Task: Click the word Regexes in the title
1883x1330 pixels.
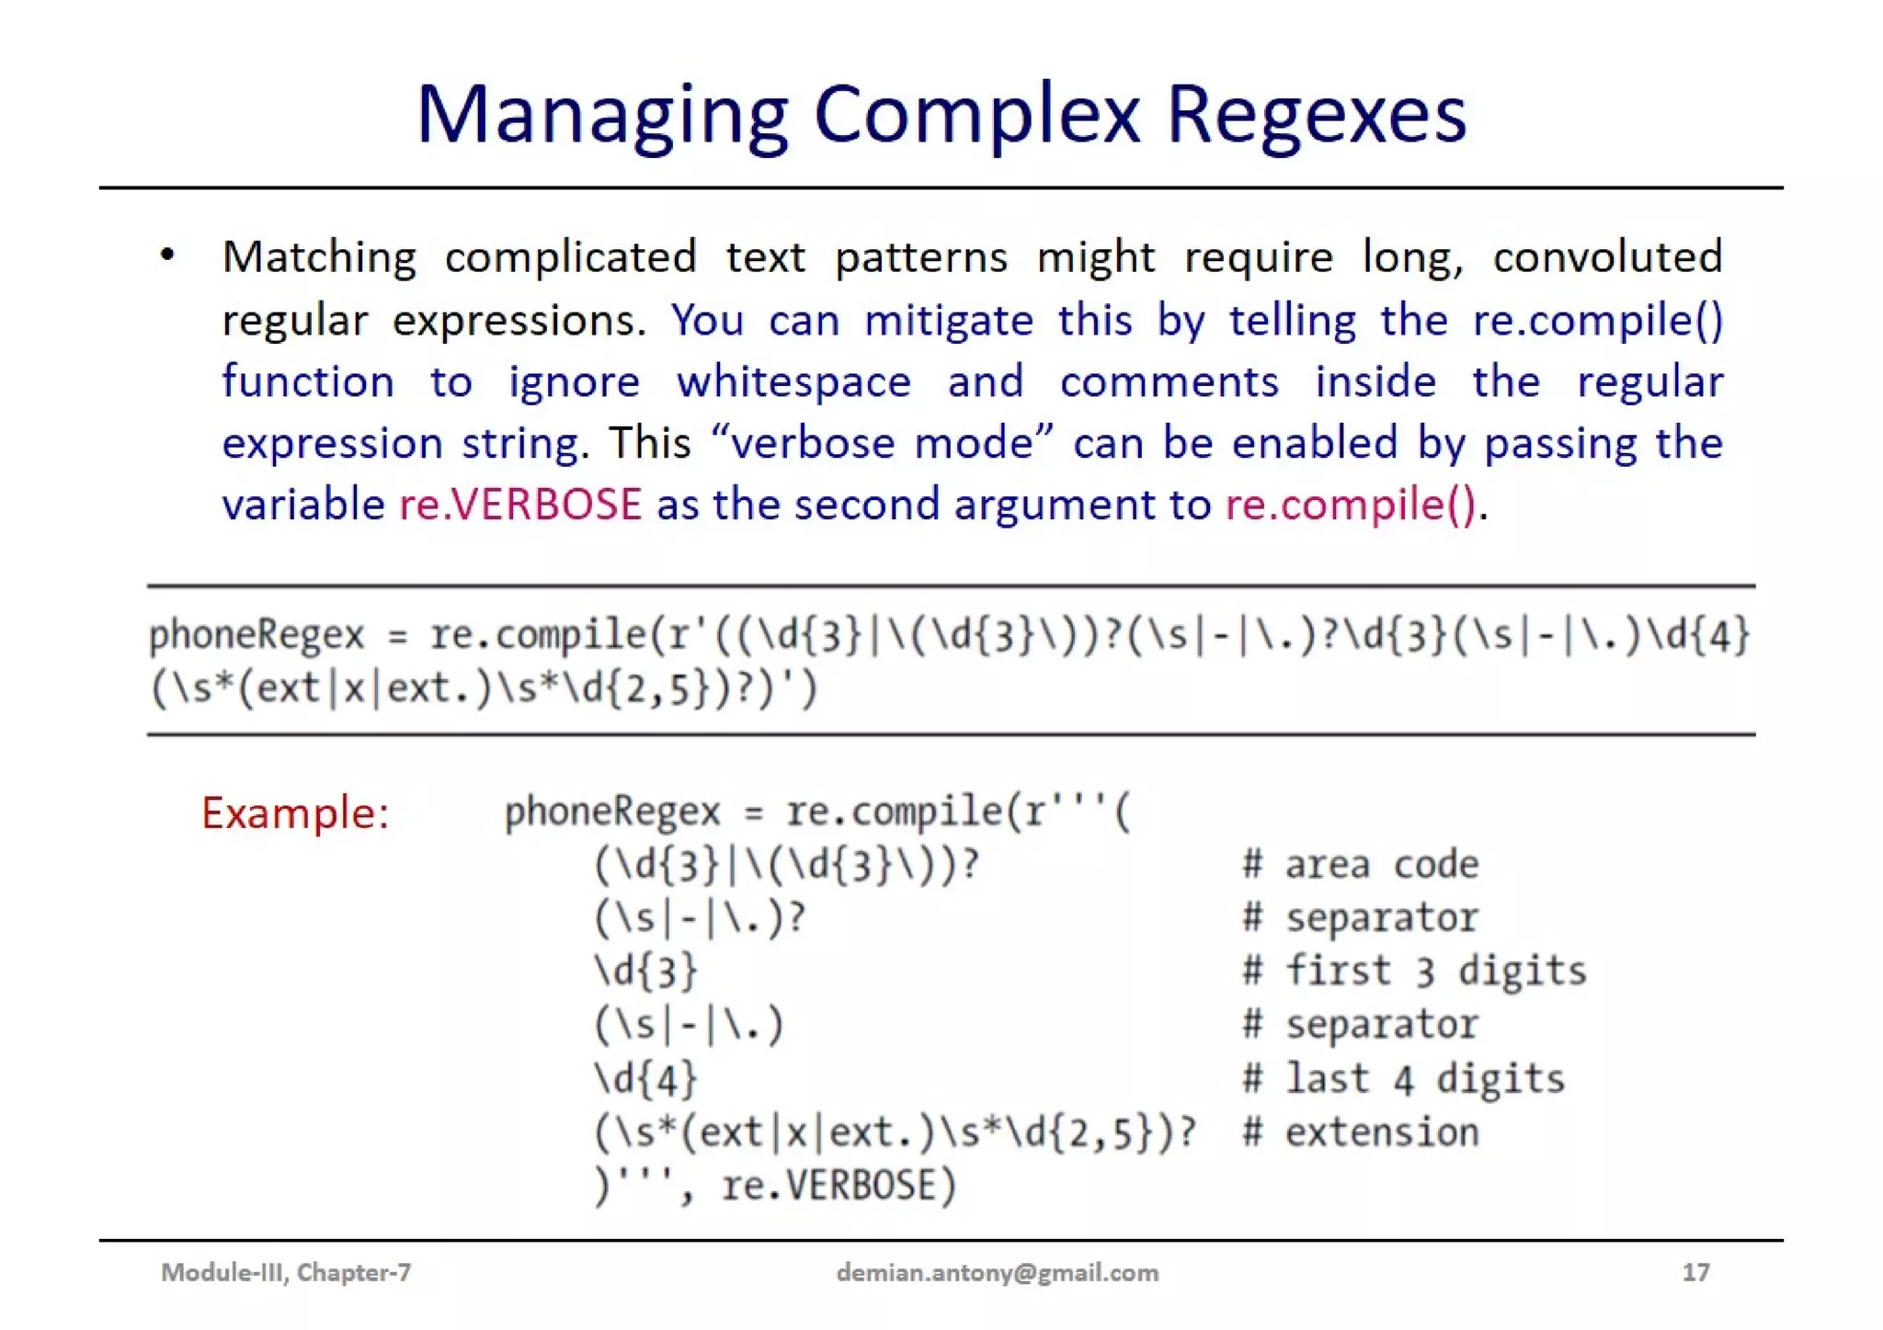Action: tap(1316, 116)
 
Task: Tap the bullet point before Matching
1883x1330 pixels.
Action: tap(166, 255)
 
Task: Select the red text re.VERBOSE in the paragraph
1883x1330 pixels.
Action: tap(520, 505)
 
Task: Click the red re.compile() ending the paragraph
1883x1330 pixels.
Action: tap(1351, 505)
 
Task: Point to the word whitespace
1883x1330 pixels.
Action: tap(793, 381)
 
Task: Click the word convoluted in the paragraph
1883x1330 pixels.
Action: tap(1606, 256)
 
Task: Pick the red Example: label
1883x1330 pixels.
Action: tap(295, 813)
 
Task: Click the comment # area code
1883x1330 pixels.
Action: tap(1361, 865)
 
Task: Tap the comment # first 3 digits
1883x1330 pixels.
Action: tap(1414, 972)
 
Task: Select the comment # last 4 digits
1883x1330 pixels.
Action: tap(1403, 1079)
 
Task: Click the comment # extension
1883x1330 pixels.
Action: tap(1361, 1132)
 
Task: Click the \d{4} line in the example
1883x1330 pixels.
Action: tap(646, 1079)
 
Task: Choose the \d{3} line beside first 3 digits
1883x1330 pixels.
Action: tap(646, 972)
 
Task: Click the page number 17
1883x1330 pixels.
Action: tap(1695, 1272)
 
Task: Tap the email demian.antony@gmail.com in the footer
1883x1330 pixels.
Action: tap(998, 1272)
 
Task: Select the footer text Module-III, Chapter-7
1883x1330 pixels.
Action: tap(286, 1272)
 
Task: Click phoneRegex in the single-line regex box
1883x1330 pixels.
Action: tap(257, 635)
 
